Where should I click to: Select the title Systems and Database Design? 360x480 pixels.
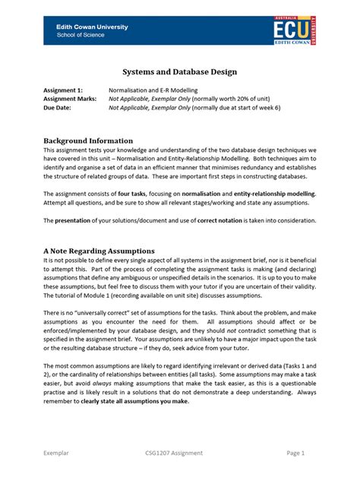coord(179,71)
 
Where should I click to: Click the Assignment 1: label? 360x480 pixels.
coord(62,89)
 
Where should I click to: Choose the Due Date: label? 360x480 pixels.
coord(58,107)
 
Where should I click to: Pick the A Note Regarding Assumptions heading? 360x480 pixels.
coord(99,250)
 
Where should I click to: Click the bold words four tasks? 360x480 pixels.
coord(134,194)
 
